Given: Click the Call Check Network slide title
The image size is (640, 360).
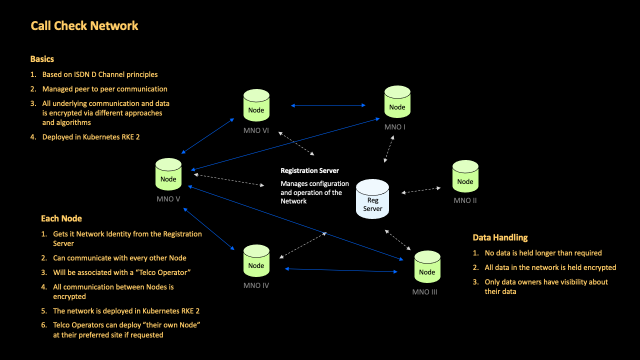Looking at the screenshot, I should tap(84, 26).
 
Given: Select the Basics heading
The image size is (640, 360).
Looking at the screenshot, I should tap(42, 59).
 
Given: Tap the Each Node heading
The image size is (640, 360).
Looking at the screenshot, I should tap(61, 218).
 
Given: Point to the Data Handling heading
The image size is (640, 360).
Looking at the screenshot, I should tap(500, 237).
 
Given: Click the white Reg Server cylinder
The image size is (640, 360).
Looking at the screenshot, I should tap(372, 199).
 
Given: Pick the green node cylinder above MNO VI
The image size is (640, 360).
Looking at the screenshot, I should tap(256, 105).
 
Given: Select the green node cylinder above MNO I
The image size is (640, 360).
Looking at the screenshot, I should tap(397, 102).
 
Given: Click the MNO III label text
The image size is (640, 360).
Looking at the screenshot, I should tap(424, 292).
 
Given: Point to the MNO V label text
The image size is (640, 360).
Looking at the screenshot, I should tap(168, 199).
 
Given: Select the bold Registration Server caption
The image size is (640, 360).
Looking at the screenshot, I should tap(309, 170).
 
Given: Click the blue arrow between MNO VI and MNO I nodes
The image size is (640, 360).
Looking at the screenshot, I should tap(328, 105).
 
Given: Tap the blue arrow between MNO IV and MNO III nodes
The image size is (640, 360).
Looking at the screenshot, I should tap(341, 270).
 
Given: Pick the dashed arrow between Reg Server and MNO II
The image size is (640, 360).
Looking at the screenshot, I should tap(421, 190).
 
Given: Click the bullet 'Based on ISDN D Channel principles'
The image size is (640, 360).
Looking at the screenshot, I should tap(99, 74).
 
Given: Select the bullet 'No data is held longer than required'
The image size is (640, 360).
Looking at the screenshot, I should tap(543, 253).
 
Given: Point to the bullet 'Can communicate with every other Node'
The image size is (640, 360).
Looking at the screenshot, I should tap(119, 258).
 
